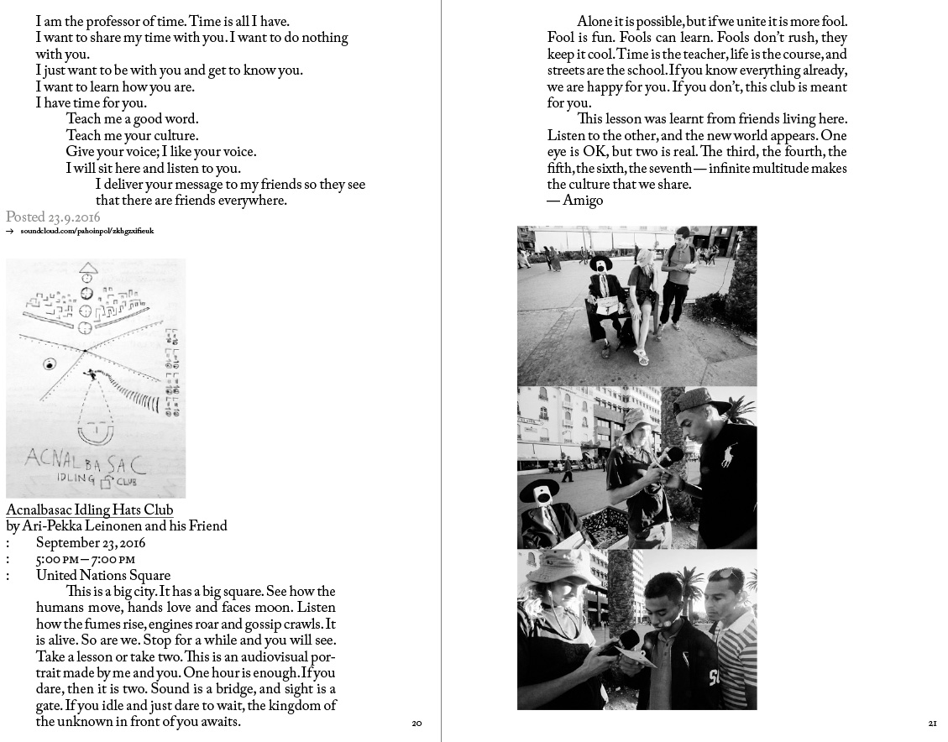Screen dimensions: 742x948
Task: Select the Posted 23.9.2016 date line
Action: (53, 217)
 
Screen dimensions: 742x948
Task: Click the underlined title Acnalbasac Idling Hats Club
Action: (89, 510)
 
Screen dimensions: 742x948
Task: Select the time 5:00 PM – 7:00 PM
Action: (85, 559)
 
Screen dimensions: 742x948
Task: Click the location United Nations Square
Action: (103, 576)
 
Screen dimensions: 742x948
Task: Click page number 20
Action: (416, 724)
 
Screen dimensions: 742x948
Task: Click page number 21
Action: (932, 724)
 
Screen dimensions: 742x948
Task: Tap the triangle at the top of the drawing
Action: (88, 269)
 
